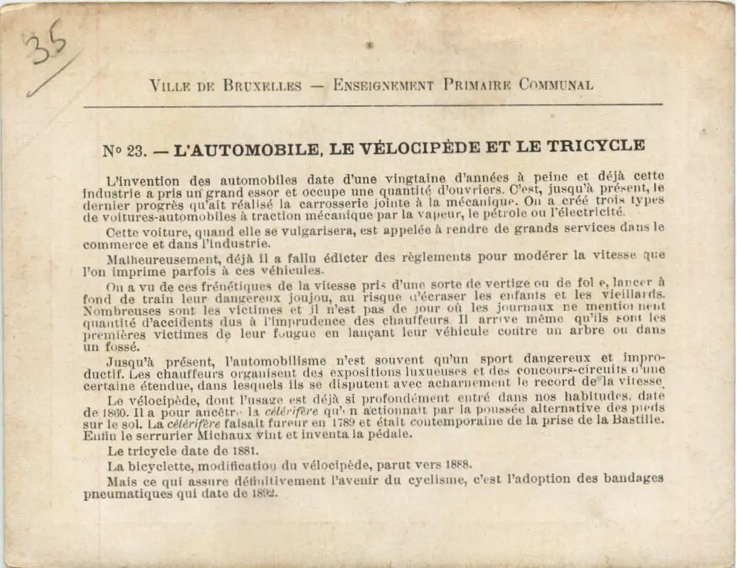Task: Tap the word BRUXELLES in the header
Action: coord(263,85)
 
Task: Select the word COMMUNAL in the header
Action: coord(555,85)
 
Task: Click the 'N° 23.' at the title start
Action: coord(124,150)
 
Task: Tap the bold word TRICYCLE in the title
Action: coord(598,146)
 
